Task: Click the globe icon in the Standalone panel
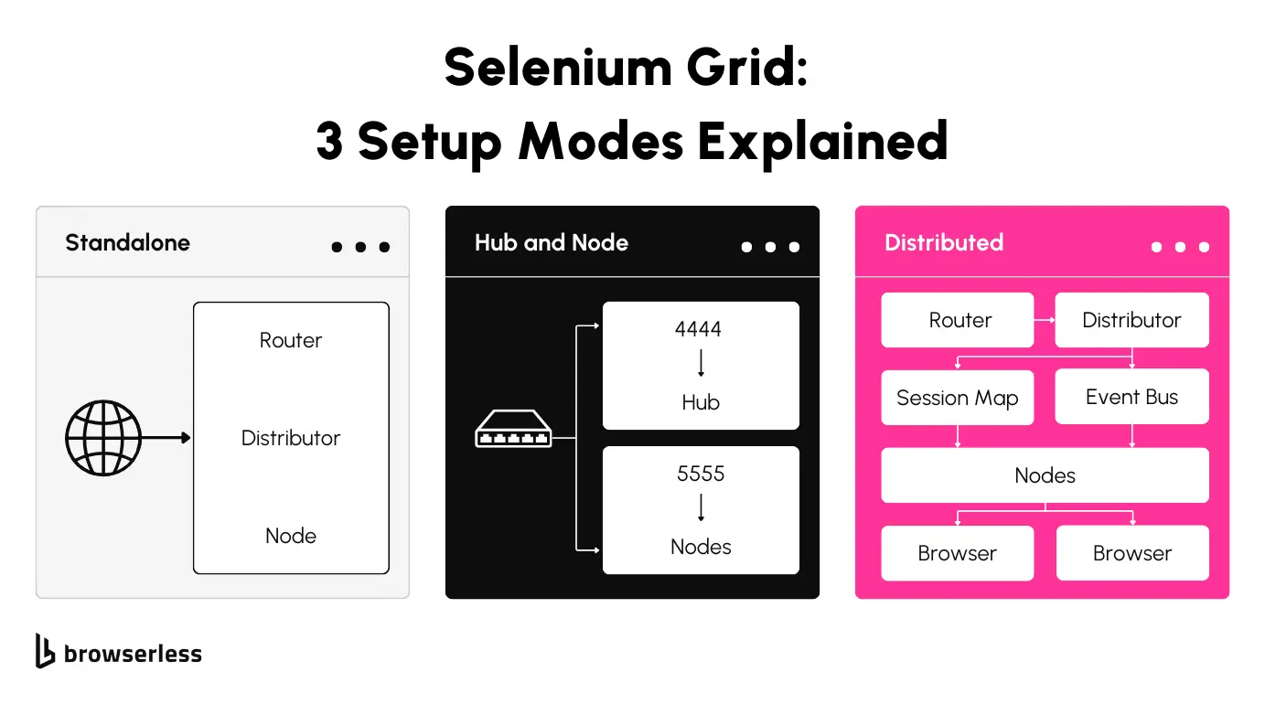pos(103,438)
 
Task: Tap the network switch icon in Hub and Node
pos(513,430)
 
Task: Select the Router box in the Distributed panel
pos(958,320)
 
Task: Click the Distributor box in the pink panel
pos(1131,320)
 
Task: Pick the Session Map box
pos(958,398)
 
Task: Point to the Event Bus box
pos(1131,397)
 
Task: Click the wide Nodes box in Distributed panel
pos(1045,475)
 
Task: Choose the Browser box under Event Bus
pos(1131,553)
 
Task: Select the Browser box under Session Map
pos(958,553)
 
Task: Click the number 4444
pos(701,329)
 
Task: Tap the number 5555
pos(701,474)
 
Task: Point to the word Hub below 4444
pos(701,402)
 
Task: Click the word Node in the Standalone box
pos(291,536)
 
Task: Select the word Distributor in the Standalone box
pos(291,438)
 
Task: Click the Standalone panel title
pos(128,243)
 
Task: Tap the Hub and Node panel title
pos(552,243)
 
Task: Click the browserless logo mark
pos(45,650)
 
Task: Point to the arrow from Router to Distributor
pos(1045,320)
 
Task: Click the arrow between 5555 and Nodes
pos(701,507)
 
